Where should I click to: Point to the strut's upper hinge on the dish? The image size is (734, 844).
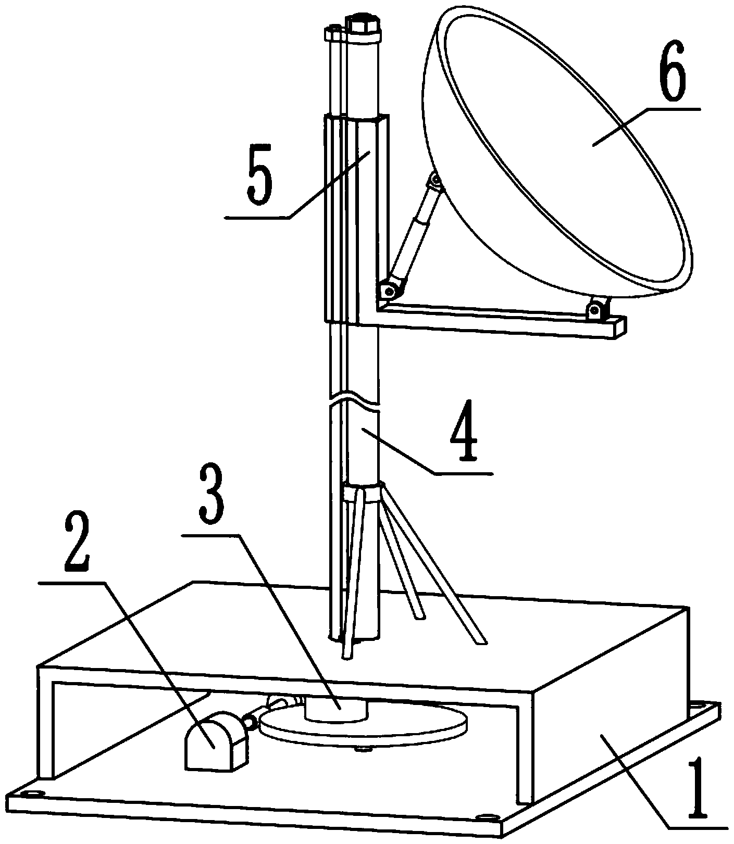[435, 181]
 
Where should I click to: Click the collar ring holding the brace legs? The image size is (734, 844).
[363, 493]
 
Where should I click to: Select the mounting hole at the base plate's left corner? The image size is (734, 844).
[33, 793]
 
